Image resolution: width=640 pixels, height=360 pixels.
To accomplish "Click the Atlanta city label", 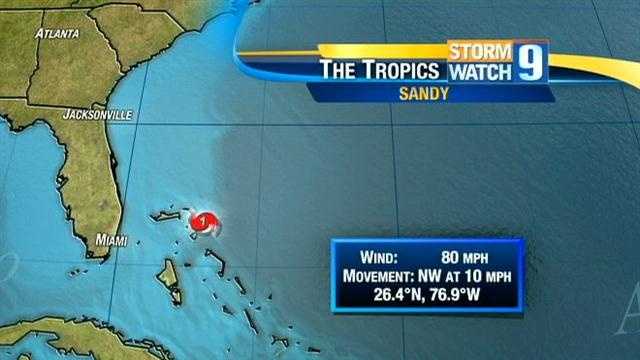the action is coord(57,33).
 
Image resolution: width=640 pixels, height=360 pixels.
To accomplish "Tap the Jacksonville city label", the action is coord(97,116).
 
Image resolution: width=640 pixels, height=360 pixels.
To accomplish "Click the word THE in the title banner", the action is coord(340,70).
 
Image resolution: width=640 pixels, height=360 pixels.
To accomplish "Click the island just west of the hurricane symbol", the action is coord(171,216).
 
